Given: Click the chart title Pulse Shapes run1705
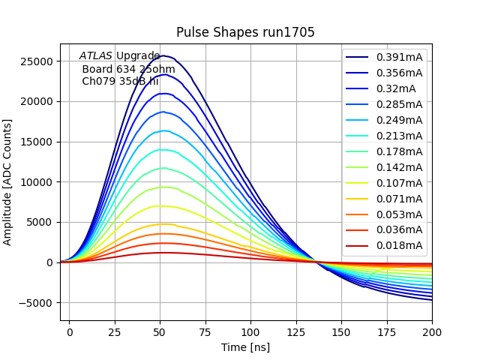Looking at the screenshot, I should (x=245, y=32).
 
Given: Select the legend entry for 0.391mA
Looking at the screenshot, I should (x=399, y=57).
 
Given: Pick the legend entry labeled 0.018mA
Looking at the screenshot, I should (x=399, y=245).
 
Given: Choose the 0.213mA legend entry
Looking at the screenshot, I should (x=399, y=136).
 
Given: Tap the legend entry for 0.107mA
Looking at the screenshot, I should (x=399, y=183).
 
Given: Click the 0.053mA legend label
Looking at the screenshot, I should (x=399, y=214).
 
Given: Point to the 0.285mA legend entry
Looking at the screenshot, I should (x=399, y=104).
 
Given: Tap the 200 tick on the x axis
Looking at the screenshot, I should (x=432, y=331).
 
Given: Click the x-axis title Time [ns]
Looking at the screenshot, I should (x=245, y=347).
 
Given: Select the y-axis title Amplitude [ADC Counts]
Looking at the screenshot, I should (x=8, y=181).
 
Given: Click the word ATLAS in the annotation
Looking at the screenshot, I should (x=95, y=56).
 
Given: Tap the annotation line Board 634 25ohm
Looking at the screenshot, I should (x=128, y=69).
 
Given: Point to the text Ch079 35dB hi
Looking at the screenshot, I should (x=120, y=81).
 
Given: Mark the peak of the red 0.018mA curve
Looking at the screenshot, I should (x=162, y=253).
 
